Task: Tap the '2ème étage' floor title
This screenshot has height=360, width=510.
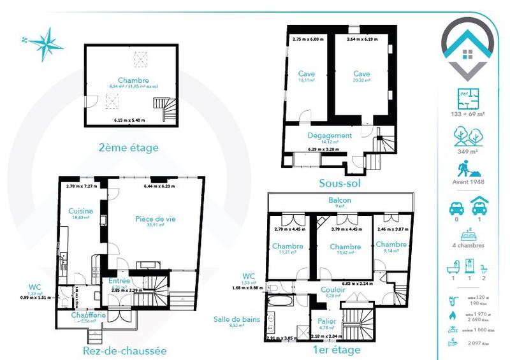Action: point(129,148)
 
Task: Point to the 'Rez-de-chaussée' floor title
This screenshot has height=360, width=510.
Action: point(125,350)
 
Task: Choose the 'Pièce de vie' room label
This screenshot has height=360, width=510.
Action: point(156,219)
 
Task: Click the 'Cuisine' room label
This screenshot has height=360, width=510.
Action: point(82,211)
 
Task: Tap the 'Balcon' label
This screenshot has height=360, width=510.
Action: point(339,199)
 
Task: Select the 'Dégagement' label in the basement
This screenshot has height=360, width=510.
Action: point(330,135)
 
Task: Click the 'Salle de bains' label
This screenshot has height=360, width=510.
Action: point(237,319)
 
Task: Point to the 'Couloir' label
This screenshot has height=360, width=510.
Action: point(331,289)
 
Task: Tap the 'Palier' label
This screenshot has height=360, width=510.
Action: point(326,321)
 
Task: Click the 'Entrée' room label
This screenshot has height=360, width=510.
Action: point(119,280)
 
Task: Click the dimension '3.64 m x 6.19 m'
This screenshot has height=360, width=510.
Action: point(362,40)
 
